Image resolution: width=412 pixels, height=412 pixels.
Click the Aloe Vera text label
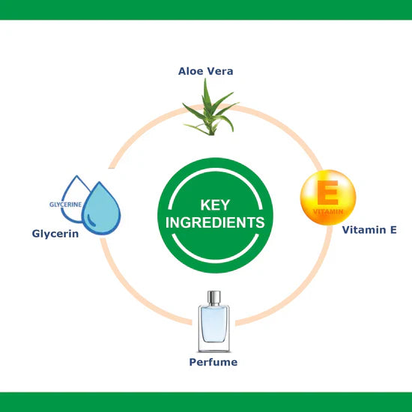pos(206,71)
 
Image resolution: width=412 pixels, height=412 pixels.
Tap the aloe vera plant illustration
pos(210,110)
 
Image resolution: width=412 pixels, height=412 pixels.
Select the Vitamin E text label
pos(369,230)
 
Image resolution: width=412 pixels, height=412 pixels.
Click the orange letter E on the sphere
pos(327,193)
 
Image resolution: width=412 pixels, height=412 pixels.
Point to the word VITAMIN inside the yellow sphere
pos(328,211)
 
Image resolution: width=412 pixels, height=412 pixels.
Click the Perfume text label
pos(213,362)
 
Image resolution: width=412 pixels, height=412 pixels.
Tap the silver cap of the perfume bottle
pos(214,297)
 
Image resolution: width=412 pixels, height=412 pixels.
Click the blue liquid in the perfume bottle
pos(214,325)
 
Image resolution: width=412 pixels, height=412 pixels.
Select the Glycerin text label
pos(55,234)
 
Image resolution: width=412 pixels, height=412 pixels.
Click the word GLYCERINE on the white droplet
pos(65,205)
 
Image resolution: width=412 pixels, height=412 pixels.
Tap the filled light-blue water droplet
pos(101,208)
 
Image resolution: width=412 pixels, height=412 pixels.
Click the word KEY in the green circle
pos(215,205)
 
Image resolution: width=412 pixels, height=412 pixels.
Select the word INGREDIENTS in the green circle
pos(215,222)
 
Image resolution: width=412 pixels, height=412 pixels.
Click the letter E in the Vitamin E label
pos(393,230)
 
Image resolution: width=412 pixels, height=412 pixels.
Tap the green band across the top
pos(206,10)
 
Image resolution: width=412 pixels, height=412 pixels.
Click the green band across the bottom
pos(206,402)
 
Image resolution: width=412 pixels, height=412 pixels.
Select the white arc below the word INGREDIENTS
pos(215,261)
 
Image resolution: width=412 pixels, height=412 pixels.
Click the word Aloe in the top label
pos(191,71)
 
